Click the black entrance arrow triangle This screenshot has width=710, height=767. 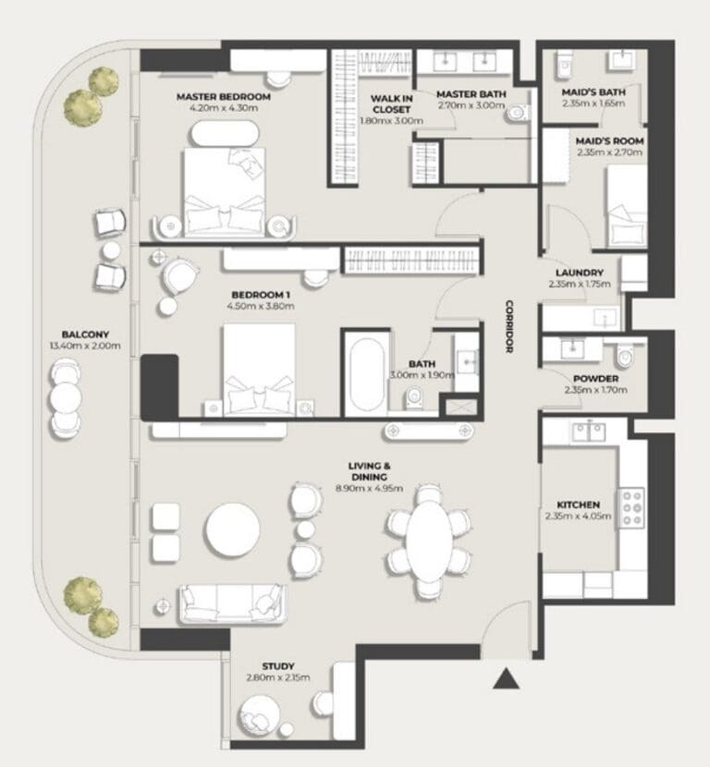pos(506,679)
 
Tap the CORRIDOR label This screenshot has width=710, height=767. pos(509,326)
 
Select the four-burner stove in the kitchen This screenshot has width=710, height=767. pos(631,507)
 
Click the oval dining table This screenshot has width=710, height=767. pos(430,541)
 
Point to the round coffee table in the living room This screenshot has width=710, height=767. pos(233,530)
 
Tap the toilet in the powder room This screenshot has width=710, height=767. pos(625,356)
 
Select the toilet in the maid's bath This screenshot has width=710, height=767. pos(563,65)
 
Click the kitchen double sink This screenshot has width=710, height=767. pos(589,432)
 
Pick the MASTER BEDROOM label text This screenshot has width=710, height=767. pos(224,97)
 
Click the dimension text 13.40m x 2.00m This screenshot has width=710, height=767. pos(85,346)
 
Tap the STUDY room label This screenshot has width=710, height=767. pos(278,666)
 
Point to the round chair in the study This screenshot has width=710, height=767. pos(259,717)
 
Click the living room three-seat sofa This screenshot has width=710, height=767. pos(232,604)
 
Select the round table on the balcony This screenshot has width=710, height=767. pos(66,398)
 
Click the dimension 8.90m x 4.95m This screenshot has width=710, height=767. pos(370,488)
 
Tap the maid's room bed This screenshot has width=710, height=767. pos(627,206)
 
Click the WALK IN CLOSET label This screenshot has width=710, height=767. pos(391,103)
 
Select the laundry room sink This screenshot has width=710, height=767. pos(606,318)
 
